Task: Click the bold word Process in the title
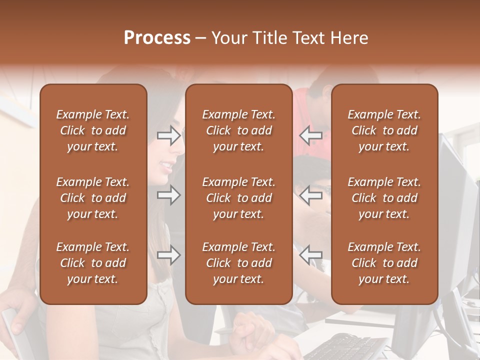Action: (157, 38)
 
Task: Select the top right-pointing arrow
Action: (168, 135)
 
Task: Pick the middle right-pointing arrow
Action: (168, 195)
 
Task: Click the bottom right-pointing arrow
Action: (168, 255)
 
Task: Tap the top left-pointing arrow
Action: (310, 135)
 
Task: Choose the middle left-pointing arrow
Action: (310, 195)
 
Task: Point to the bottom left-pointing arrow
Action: (310, 254)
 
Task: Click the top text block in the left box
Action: (93, 130)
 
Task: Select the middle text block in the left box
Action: (93, 198)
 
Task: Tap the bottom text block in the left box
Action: (93, 263)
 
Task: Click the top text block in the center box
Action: (238, 130)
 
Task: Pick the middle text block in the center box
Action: (238, 198)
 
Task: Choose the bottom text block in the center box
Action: (238, 263)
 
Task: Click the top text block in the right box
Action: (384, 130)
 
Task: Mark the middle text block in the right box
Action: (384, 198)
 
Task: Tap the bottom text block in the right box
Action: (384, 263)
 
